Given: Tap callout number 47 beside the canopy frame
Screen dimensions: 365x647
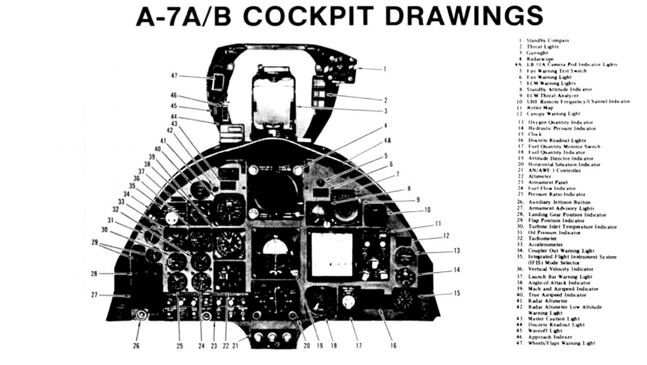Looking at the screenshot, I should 174,76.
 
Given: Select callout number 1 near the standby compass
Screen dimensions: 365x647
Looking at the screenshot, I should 384,68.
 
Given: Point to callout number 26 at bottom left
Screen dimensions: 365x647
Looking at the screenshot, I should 137,345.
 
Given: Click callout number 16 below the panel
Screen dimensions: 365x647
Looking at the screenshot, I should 393,345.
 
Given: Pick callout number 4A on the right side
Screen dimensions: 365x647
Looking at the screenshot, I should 387,139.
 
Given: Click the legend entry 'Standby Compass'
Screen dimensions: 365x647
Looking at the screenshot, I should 547,41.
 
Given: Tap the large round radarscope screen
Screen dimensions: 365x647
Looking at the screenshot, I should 275,192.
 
